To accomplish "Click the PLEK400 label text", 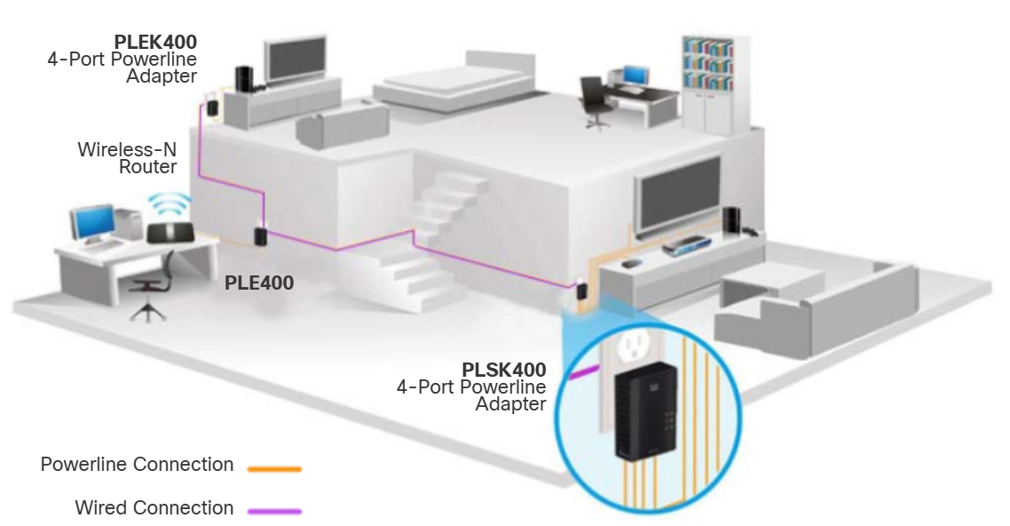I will point(155,42).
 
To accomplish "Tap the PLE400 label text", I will point(258,283).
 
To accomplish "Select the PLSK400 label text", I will point(503,369).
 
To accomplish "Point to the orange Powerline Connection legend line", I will point(274,467).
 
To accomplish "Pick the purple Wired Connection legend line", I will point(274,511).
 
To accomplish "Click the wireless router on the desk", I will point(169,234).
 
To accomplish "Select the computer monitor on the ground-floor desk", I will point(93,224).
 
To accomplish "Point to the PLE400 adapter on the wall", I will point(261,238).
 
